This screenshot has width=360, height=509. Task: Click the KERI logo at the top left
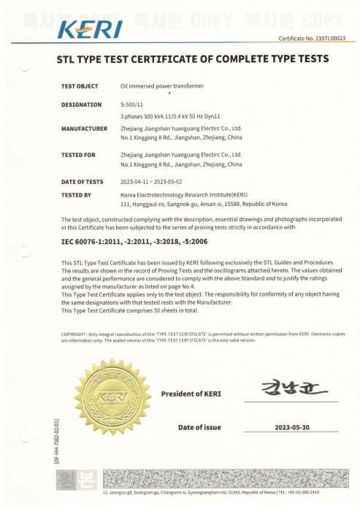click(x=89, y=30)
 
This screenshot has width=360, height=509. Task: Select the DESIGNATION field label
click(x=80, y=104)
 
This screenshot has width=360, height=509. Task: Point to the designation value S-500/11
click(x=132, y=104)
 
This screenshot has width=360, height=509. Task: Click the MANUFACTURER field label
click(x=84, y=129)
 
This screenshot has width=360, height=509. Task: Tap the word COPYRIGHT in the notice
click(x=74, y=333)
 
